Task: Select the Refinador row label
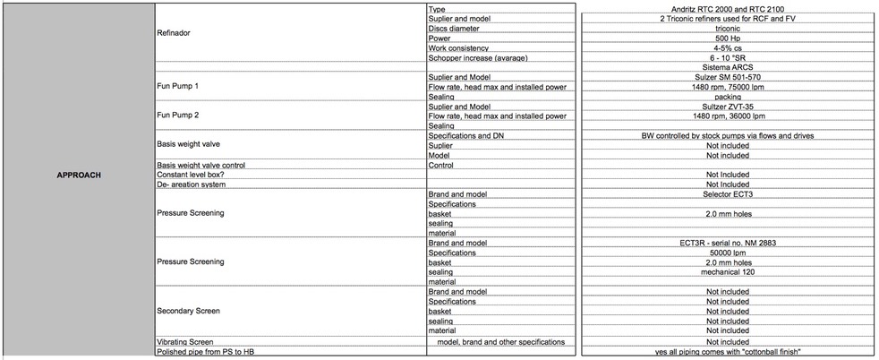(174, 33)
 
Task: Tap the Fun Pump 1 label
(177, 86)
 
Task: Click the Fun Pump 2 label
(177, 116)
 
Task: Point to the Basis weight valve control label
(201, 165)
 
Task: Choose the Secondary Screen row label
(188, 311)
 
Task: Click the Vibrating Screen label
(184, 341)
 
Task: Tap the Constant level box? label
(193, 175)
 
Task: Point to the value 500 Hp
(727, 38)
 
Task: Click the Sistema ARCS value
(727, 67)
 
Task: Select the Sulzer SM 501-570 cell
(727, 77)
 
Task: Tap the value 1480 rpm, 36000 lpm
(727, 116)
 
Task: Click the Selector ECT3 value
(727, 194)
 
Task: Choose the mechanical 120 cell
(727, 272)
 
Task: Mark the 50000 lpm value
(727, 253)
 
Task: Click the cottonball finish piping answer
(727, 351)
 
